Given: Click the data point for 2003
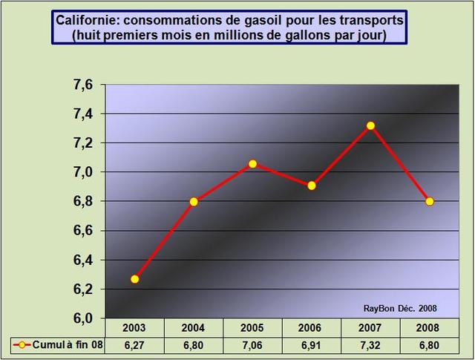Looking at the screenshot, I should (x=135, y=279).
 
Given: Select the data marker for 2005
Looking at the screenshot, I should (x=252, y=163).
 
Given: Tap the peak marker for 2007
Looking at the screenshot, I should (x=370, y=125).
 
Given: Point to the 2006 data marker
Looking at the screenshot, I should (x=312, y=186).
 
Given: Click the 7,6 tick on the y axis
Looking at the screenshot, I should (x=83, y=85).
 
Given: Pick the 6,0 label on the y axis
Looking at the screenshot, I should (x=83, y=318).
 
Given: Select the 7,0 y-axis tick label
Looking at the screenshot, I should (x=83, y=172).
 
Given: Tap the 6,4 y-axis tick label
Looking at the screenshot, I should (x=83, y=260).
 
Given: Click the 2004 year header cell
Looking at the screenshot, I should (x=194, y=328).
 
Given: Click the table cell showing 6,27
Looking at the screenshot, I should (x=134, y=344).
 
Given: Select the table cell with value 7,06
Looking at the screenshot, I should (x=252, y=344).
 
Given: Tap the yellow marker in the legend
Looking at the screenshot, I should (x=24, y=344).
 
